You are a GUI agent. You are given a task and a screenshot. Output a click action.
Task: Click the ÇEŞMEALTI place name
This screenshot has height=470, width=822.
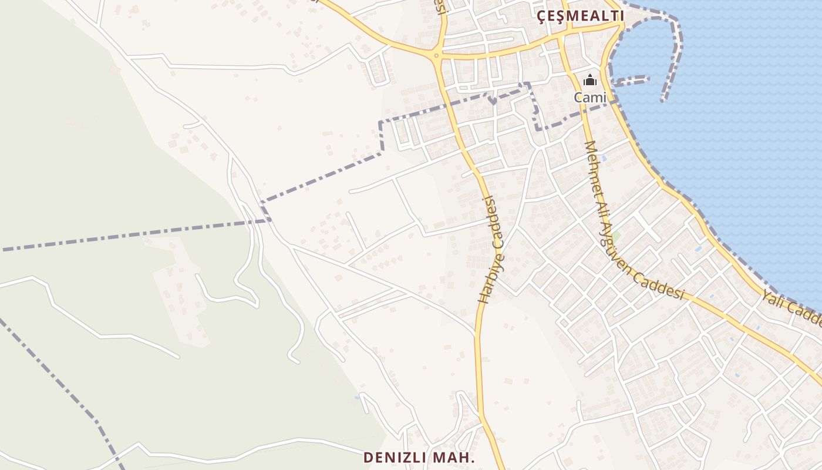click(581, 16)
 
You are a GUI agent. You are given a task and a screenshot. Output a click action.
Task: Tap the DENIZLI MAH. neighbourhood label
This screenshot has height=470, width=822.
click(419, 457)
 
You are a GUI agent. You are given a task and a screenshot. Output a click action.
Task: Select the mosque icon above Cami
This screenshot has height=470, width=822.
click(590, 80)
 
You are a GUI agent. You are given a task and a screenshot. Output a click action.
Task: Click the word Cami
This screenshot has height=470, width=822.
click(589, 97)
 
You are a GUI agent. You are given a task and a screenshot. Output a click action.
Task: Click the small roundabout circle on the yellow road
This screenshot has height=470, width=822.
click(436, 56)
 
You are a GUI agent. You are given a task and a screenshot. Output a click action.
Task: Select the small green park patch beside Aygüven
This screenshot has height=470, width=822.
click(616, 237)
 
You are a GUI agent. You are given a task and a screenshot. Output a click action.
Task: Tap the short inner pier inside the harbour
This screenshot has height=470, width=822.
click(631, 80)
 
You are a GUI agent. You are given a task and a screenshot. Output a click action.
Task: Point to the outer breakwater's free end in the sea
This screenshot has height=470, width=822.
click(663, 100)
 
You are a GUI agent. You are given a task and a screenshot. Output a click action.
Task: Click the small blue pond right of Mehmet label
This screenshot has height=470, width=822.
click(603, 158)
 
